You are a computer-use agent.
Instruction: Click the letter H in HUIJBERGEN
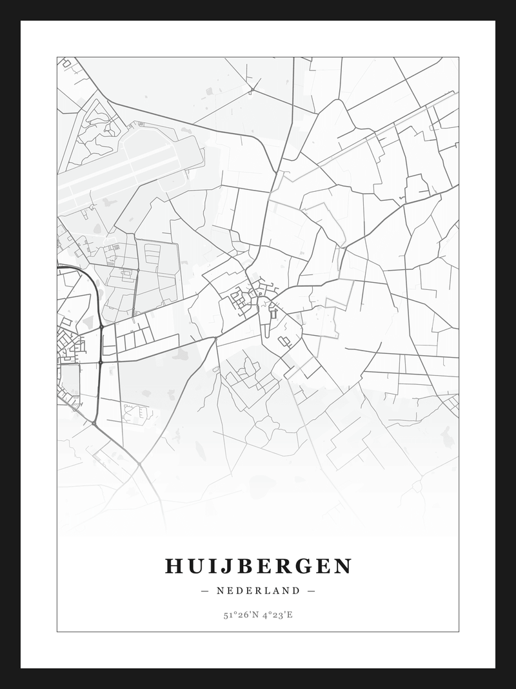175,566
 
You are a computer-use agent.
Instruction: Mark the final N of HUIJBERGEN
342,566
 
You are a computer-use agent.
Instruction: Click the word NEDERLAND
258,590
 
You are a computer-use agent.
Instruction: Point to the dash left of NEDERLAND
205,590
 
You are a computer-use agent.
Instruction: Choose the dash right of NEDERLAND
311,590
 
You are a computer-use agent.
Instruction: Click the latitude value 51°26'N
241,615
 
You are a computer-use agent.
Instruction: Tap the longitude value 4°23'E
278,615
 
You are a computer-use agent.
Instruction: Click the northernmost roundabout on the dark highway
101,327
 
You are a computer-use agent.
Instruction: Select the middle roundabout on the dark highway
101,363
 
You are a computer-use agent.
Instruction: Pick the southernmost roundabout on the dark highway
95,424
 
